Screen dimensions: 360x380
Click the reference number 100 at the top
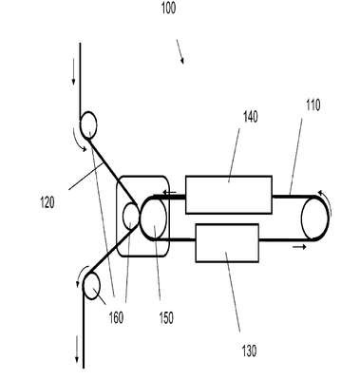(x=168, y=8)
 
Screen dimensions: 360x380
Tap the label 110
(x=313, y=105)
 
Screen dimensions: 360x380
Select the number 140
(x=251, y=117)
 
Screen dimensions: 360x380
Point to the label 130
(x=249, y=351)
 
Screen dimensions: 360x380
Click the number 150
(x=166, y=318)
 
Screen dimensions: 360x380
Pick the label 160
(x=116, y=317)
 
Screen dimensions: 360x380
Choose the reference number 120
(x=47, y=202)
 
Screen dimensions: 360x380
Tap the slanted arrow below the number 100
(x=180, y=51)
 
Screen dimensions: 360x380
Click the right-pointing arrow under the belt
(x=299, y=247)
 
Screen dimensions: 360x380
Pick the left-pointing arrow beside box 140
(x=169, y=192)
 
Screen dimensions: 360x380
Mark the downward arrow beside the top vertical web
(x=73, y=72)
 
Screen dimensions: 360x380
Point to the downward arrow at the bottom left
(x=77, y=350)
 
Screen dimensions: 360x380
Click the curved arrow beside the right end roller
(x=328, y=201)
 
